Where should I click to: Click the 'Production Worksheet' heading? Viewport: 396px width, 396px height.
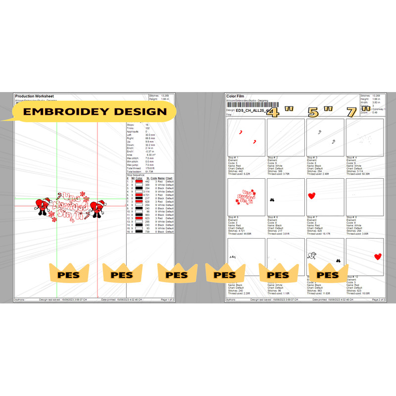tap(35, 96)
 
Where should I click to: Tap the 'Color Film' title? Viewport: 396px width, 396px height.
tap(236, 96)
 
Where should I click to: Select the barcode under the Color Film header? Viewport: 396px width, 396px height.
tap(247, 105)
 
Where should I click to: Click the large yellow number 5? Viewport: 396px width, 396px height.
tap(313, 112)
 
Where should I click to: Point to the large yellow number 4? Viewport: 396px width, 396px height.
tap(274, 112)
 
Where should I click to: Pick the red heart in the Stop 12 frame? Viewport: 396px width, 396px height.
tap(378, 256)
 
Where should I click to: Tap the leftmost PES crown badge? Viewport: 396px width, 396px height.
tap(69, 274)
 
